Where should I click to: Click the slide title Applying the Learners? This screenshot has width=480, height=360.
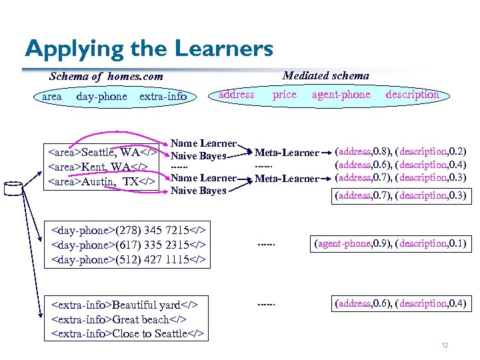149,48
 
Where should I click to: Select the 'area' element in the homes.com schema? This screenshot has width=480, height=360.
51,97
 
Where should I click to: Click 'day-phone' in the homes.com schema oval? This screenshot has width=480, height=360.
101,97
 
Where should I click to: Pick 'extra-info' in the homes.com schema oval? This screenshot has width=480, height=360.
163,97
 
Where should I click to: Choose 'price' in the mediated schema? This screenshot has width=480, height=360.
284,95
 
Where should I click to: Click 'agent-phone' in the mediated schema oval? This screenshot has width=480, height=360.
341,95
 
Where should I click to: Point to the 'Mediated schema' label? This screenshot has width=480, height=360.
325,75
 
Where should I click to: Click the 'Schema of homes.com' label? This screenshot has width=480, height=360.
105,77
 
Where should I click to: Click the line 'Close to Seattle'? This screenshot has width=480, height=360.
127,333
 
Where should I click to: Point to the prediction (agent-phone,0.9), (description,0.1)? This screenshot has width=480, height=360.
390,244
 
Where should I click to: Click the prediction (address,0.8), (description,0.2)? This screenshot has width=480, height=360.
400,151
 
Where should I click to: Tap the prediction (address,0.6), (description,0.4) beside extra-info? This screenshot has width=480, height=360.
400,303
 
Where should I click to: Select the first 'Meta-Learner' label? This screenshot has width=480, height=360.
287,153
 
